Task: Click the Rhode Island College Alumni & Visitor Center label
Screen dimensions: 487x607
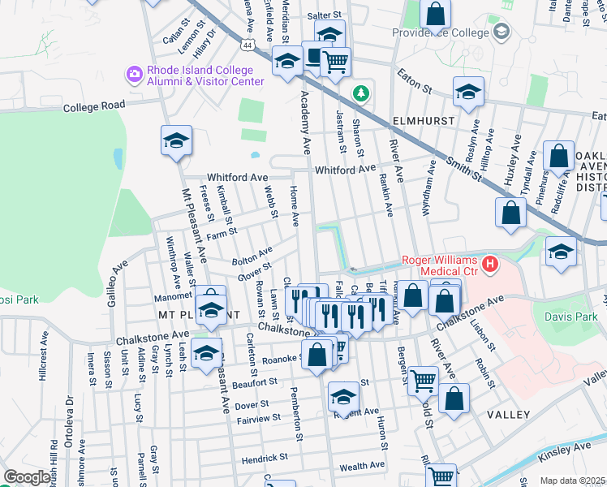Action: click(204, 75)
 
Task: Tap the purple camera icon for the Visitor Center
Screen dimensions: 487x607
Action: click(134, 75)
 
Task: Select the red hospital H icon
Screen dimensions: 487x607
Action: click(489, 264)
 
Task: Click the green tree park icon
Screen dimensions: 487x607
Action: click(360, 93)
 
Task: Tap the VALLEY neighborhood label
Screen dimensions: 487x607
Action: click(508, 414)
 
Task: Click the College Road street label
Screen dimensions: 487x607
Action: click(94, 106)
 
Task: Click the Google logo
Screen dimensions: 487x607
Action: click(28, 476)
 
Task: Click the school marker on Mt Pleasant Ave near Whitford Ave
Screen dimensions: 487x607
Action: click(176, 141)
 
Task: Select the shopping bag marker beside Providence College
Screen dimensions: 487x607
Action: click(436, 14)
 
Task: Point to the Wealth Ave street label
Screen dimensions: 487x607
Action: click(362, 467)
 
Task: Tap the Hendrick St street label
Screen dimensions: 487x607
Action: click(265, 459)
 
